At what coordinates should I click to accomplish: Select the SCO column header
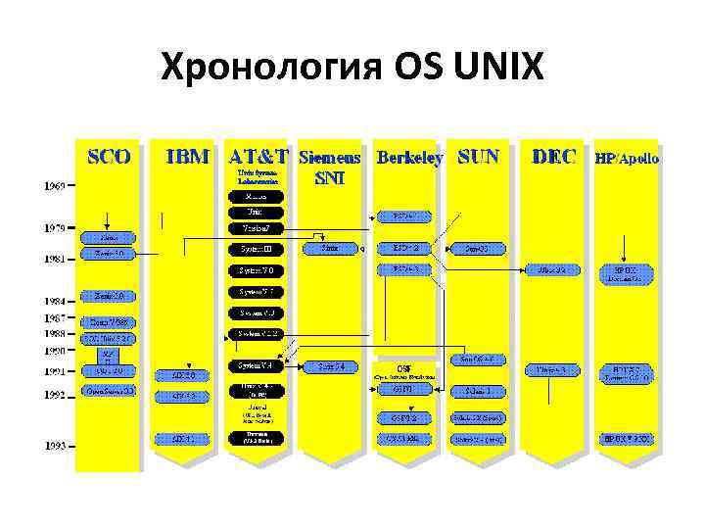pyautogui.click(x=109, y=156)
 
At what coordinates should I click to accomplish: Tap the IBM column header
pyautogui.click(x=187, y=156)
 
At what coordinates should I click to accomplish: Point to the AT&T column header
pyautogui.click(x=258, y=156)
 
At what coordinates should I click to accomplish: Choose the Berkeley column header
pyautogui.click(x=409, y=157)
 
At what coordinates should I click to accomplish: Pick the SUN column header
pyautogui.click(x=478, y=156)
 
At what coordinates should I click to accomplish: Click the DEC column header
pyautogui.click(x=553, y=156)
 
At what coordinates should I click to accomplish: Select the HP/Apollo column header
pyautogui.click(x=627, y=157)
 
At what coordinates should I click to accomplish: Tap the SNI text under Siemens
pyautogui.click(x=329, y=179)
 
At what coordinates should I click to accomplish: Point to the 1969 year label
pyautogui.click(x=54, y=184)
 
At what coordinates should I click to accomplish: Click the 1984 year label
pyautogui.click(x=54, y=301)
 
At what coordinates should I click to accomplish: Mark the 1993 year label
pyautogui.click(x=54, y=446)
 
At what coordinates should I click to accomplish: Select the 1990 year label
pyautogui.click(x=54, y=350)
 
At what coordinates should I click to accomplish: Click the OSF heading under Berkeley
pyautogui.click(x=403, y=367)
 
